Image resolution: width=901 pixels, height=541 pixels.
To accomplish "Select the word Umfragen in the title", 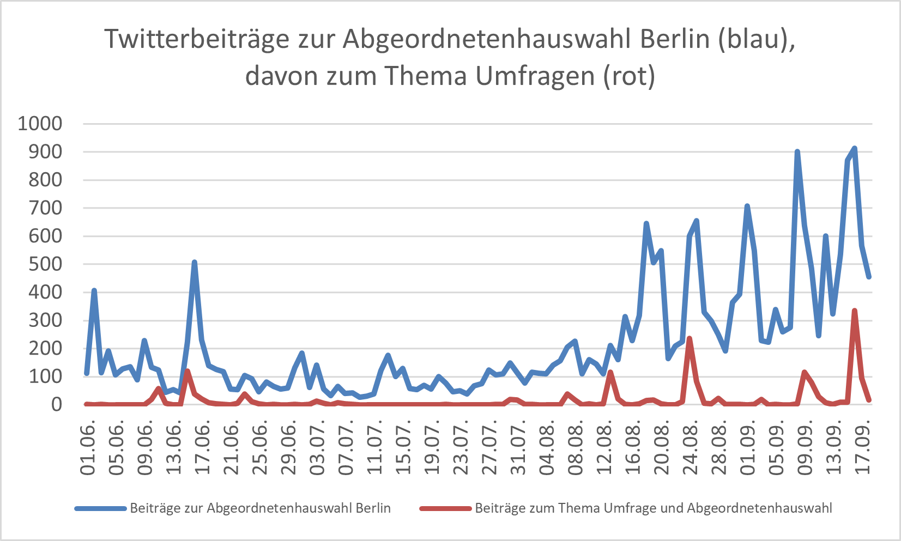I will tap(535, 76).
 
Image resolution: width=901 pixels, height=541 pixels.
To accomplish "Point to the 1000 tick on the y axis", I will tap(40, 124).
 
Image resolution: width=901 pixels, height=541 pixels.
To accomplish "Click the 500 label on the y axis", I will tap(46, 264).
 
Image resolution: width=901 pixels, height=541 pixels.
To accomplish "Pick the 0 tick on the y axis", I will tap(57, 404).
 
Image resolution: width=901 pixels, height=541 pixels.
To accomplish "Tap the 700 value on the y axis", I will tap(46, 208).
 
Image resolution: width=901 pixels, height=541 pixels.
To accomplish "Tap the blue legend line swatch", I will tap(101, 509).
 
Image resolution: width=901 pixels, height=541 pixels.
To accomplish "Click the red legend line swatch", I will tap(445, 509).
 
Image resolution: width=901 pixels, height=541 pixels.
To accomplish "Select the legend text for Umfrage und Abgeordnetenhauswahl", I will tap(653, 509).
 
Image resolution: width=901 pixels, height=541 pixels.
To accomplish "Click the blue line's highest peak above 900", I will tap(854, 148).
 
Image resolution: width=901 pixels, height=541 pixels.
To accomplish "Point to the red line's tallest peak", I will tap(854, 311).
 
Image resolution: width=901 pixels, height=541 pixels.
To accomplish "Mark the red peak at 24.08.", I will tap(690, 338).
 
